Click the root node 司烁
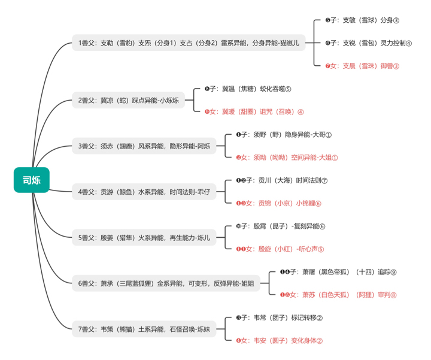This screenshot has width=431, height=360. [32, 180]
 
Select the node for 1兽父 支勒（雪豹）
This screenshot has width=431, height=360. [189, 43]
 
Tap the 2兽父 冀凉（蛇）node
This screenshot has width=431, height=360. [128, 100]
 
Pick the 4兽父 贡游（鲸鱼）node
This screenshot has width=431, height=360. [144, 192]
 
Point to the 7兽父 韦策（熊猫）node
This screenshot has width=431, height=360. [144, 329]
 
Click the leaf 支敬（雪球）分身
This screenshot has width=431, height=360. [362, 20]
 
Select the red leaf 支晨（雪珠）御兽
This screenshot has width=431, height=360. [362, 66]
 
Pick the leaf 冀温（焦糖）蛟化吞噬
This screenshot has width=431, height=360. [247, 89]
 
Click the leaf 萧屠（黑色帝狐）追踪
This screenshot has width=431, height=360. [338, 272]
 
